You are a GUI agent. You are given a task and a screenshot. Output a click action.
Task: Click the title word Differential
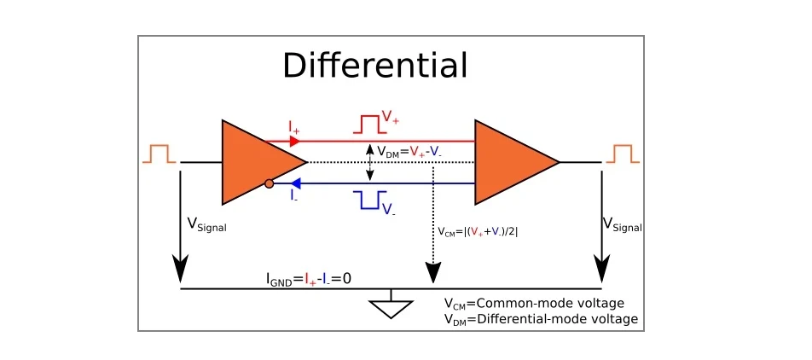click(374, 66)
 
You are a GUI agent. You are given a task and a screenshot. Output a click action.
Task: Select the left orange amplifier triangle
click(256, 162)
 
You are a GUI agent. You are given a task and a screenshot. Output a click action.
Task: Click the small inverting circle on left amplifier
click(269, 183)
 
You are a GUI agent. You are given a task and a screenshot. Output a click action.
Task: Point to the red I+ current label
click(293, 128)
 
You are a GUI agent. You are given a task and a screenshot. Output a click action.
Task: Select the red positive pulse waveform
click(368, 125)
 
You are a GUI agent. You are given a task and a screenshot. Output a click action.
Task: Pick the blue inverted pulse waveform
click(368, 200)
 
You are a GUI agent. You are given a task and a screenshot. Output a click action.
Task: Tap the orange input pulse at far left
click(159, 153)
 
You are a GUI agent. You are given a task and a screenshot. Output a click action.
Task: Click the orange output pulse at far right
click(622, 153)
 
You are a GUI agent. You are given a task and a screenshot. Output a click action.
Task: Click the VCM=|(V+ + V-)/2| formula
click(478, 231)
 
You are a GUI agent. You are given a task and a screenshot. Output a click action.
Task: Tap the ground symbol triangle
click(391, 309)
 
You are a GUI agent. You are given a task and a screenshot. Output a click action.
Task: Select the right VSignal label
click(622, 225)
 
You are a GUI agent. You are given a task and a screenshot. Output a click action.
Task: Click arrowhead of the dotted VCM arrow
click(433, 274)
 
